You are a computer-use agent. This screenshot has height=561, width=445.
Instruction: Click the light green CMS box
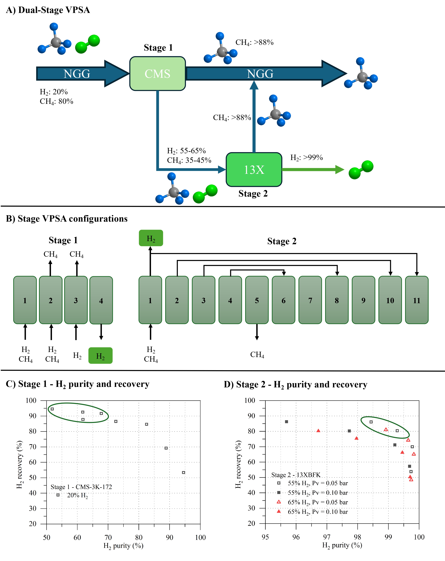157,74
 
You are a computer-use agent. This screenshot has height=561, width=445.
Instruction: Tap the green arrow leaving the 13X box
312,170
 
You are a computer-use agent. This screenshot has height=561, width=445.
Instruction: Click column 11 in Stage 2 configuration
417,300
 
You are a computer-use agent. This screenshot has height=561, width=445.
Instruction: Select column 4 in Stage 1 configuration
101,300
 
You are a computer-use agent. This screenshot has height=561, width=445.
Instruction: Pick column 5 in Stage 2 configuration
257,300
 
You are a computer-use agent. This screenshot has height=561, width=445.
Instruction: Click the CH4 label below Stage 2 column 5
257,355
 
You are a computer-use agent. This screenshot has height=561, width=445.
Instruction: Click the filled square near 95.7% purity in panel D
286,422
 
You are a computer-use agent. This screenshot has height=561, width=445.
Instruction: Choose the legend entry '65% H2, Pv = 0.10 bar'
317,512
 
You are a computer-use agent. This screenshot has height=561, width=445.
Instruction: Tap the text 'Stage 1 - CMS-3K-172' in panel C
81,487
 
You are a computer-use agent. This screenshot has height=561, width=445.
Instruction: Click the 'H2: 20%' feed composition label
54,92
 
